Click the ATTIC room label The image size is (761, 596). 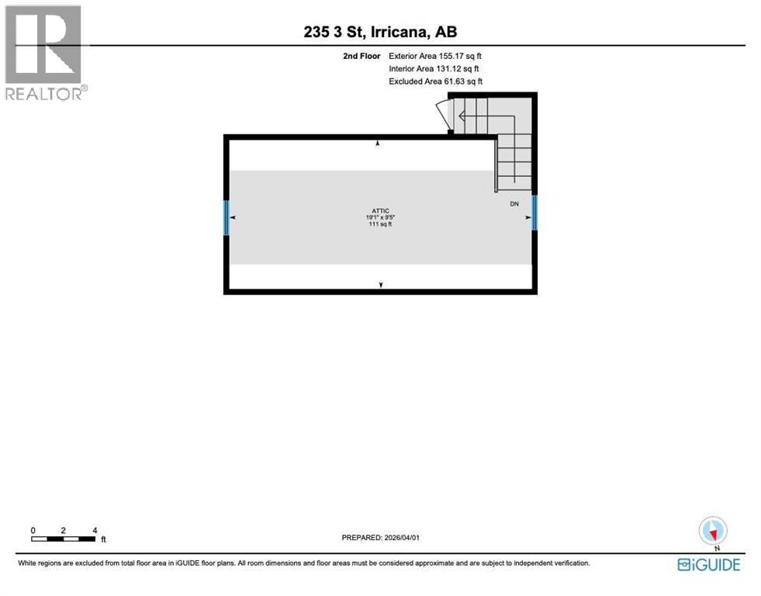(x=380, y=211)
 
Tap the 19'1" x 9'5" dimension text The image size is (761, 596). (x=380, y=218)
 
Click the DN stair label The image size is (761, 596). (x=514, y=204)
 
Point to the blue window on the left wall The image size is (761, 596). (x=227, y=218)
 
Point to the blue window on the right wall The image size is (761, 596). (x=534, y=213)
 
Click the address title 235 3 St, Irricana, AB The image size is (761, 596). (x=380, y=33)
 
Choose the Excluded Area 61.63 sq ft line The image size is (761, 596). (x=435, y=81)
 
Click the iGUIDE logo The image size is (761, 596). (x=708, y=564)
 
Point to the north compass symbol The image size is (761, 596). (x=713, y=532)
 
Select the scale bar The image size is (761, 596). (x=64, y=538)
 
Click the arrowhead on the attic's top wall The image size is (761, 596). (x=378, y=144)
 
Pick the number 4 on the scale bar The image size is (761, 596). (x=95, y=530)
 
